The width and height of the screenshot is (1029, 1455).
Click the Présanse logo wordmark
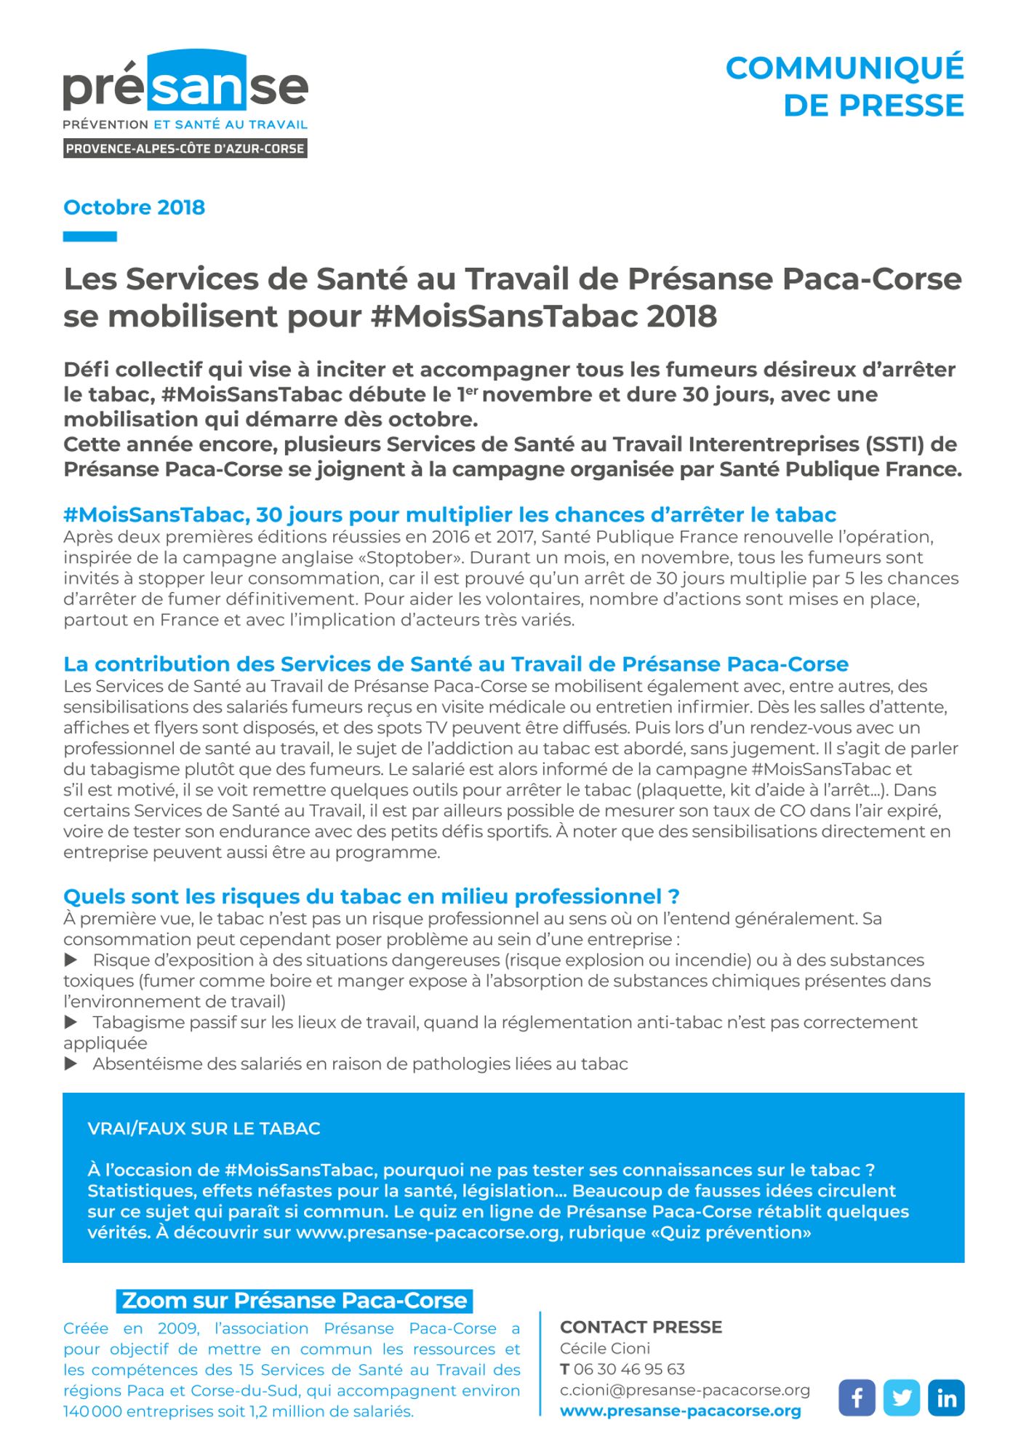[185, 86]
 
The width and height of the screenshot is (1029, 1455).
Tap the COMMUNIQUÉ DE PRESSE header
[844, 87]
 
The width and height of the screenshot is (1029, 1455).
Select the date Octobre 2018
[135, 207]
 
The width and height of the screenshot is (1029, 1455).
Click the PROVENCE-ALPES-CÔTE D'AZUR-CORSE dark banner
[185, 148]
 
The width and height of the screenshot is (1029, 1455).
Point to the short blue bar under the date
[90, 236]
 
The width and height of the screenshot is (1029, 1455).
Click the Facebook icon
[857, 1398]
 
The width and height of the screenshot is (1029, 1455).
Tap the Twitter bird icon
[902, 1398]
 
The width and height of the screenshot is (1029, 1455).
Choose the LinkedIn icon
[946, 1398]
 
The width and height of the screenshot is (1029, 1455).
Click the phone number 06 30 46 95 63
[629, 1369]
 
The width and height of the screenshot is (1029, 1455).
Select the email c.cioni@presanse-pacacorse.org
[684, 1390]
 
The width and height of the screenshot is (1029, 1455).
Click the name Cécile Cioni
[605, 1348]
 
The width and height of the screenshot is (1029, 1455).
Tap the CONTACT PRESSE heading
[641, 1327]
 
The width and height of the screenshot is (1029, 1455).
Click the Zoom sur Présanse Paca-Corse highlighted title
[295, 1301]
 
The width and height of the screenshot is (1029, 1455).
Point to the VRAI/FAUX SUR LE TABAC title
[204, 1128]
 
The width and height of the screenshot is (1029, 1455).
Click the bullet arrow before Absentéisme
[71, 1064]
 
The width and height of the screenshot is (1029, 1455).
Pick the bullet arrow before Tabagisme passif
[71, 1022]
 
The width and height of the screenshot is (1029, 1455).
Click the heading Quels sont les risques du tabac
[371, 896]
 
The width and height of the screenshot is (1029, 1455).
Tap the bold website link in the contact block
[680, 1411]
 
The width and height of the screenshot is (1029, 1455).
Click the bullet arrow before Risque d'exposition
[71, 960]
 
